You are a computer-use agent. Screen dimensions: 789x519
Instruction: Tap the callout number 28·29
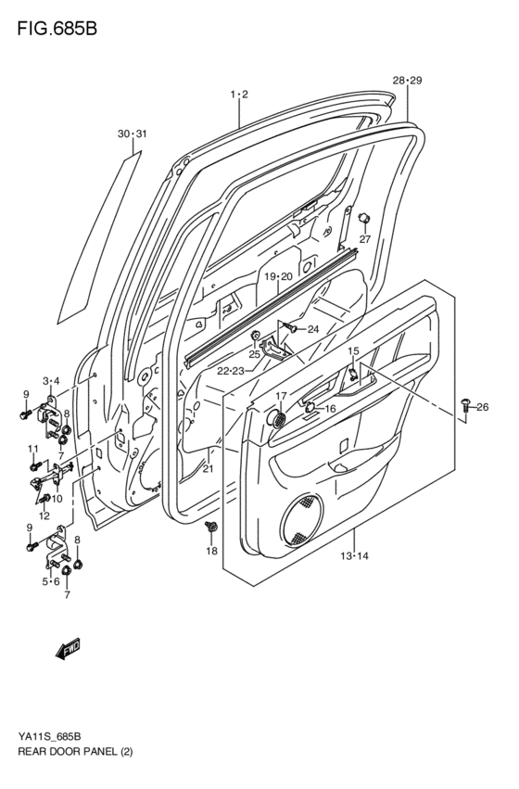tap(407, 82)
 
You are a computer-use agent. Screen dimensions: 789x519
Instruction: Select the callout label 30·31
tap(132, 134)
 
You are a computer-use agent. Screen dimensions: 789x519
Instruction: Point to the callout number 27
tap(364, 239)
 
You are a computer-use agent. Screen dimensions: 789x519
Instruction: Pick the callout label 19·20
tap(277, 277)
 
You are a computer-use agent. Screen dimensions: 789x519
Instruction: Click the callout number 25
tap(253, 353)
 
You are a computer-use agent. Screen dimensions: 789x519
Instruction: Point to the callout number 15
tap(353, 351)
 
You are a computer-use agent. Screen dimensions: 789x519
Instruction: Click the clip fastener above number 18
tap(211, 528)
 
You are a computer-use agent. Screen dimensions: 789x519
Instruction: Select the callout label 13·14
tap(354, 556)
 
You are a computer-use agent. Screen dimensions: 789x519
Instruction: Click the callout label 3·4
tap(51, 380)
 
